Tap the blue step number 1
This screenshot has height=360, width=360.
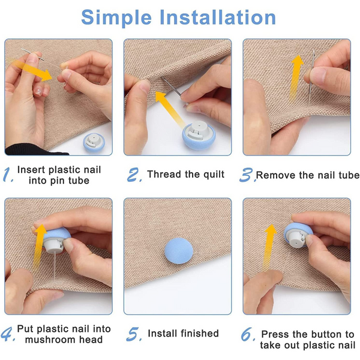point(8,175)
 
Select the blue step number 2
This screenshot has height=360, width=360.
point(134,175)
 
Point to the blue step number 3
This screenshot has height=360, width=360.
point(247,175)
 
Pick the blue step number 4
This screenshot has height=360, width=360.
point(8,334)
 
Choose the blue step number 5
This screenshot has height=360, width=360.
point(134,334)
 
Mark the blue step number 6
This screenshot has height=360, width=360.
point(248,334)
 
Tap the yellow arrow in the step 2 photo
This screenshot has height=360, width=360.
point(169,109)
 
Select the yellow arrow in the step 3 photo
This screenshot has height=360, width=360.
point(296,77)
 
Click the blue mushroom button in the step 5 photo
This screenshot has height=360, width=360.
point(179,251)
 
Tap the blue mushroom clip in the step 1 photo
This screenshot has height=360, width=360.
point(94,142)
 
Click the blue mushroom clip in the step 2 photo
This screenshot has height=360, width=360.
point(199,135)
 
